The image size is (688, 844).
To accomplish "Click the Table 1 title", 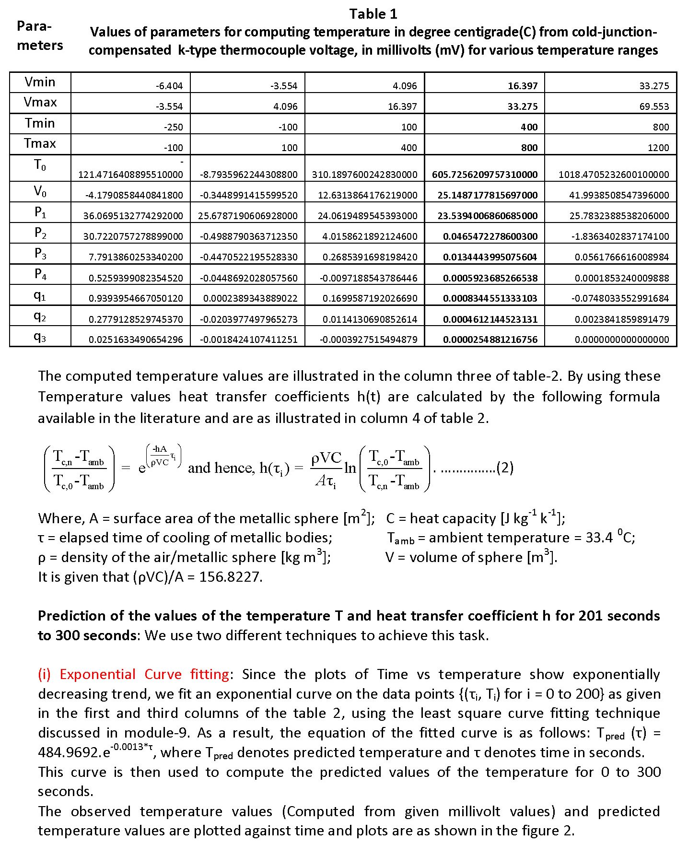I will pos(373,14).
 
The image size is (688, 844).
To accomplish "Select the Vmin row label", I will pos(40,82).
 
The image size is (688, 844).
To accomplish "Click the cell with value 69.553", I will pos(654,106).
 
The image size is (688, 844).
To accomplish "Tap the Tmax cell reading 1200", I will pos(658,148).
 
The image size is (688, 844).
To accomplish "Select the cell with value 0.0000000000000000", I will pos(621,340).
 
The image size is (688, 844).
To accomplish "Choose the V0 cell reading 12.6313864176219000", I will pos(367,195).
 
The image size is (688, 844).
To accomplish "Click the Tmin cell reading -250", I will pos(173,127).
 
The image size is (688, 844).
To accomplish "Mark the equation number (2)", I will pos(505,468).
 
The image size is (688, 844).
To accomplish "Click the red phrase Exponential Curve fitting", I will pos(144,674).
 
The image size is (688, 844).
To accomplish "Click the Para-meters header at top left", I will pos(40,35).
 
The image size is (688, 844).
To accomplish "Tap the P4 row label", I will pos(40,274).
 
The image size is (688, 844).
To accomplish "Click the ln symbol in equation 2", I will pos(350,468).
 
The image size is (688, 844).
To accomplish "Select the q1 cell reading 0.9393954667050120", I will pos(135,298).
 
